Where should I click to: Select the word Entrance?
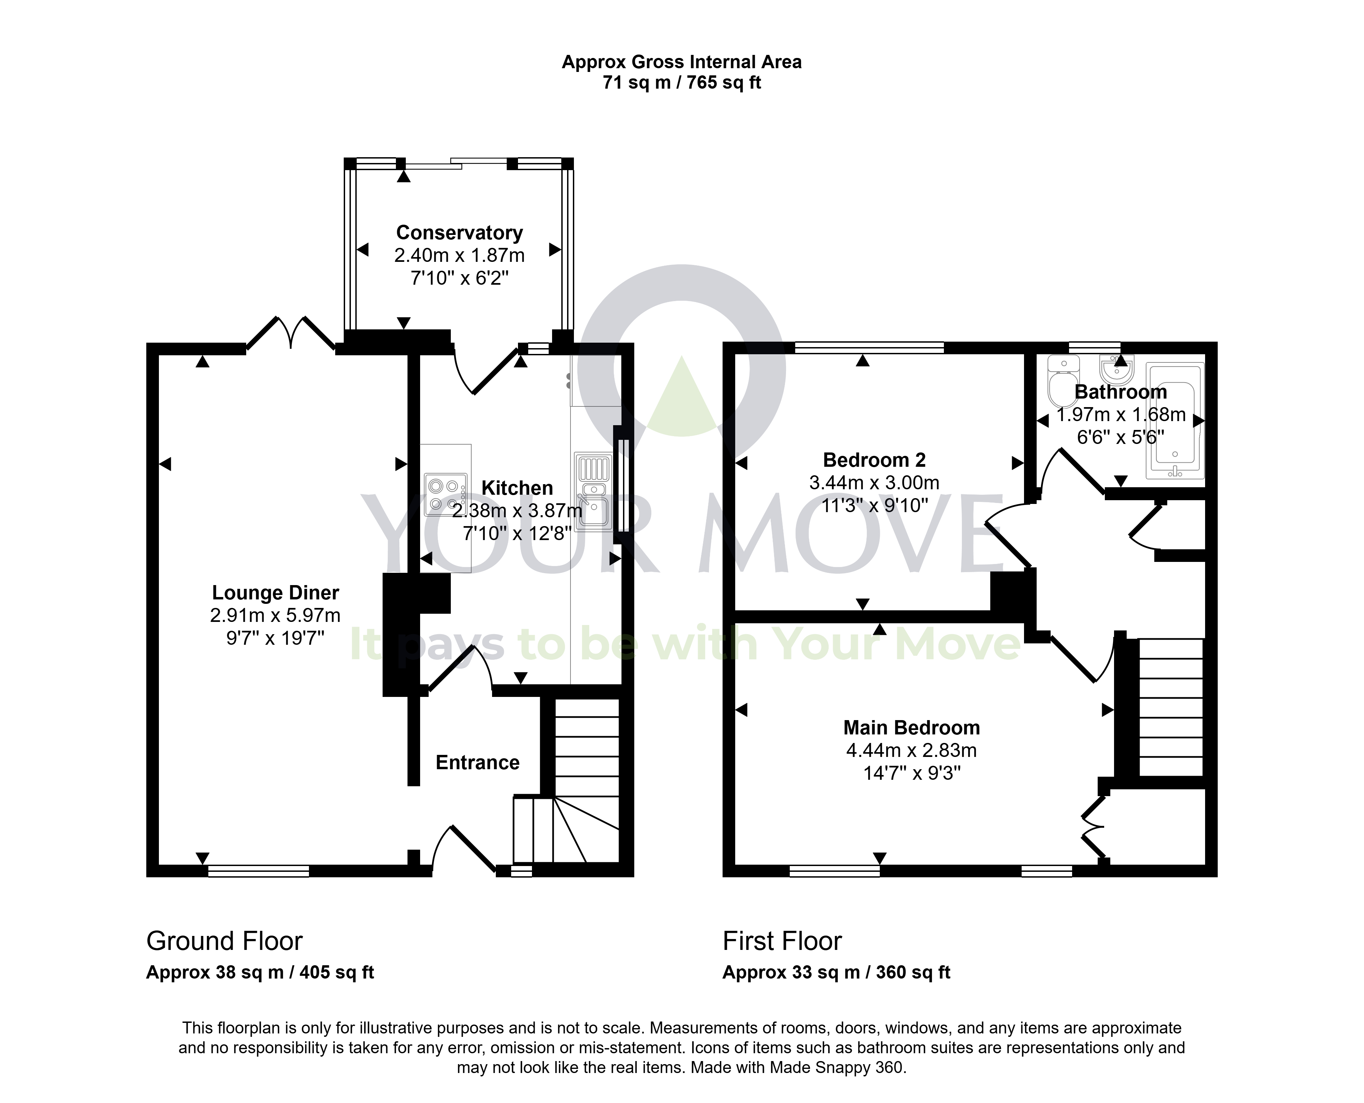pyautogui.click(x=478, y=762)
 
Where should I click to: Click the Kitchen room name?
pyautogui.click(x=517, y=488)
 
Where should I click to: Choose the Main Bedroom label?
pyautogui.click(x=911, y=728)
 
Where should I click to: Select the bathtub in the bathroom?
pyautogui.click(x=1175, y=420)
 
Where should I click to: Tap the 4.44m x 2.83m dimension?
pyautogui.click(x=911, y=750)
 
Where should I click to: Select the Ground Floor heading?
pyautogui.click(x=224, y=941)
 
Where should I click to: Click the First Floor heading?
pyautogui.click(x=782, y=941)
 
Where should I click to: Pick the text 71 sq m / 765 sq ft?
pyautogui.click(x=682, y=83)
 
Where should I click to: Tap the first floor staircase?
pyautogui.click(x=1171, y=707)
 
